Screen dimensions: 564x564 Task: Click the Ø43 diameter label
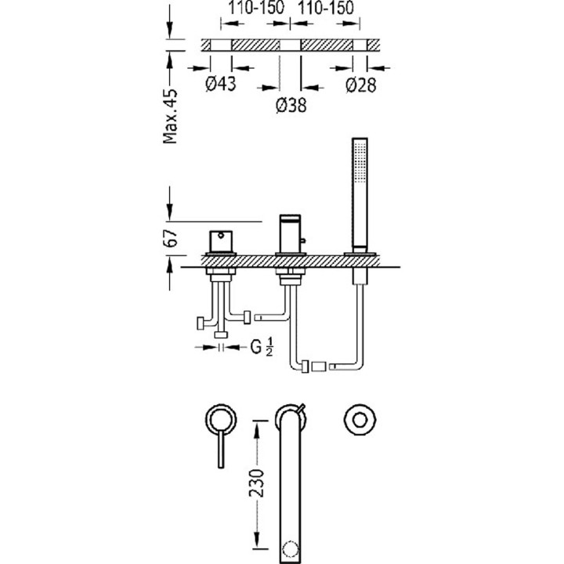click(x=220, y=84)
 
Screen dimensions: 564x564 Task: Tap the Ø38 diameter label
click(x=291, y=105)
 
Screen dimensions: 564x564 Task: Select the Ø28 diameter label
click(x=361, y=85)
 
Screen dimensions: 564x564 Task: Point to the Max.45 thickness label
click(x=171, y=116)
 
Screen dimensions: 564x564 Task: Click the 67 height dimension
click(x=171, y=238)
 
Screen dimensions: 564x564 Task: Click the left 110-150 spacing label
click(x=256, y=8)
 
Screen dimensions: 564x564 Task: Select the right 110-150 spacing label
click(x=326, y=8)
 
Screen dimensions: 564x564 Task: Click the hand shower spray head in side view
click(x=360, y=162)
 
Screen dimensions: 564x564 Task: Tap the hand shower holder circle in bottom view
click(x=360, y=420)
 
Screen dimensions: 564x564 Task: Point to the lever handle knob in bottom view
click(x=221, y=420)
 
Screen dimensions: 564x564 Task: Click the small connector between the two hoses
click(x=318, y=367)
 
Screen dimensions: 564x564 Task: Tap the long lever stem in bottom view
click(x=221, y=450)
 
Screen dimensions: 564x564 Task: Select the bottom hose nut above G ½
click(x=221, y=335)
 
